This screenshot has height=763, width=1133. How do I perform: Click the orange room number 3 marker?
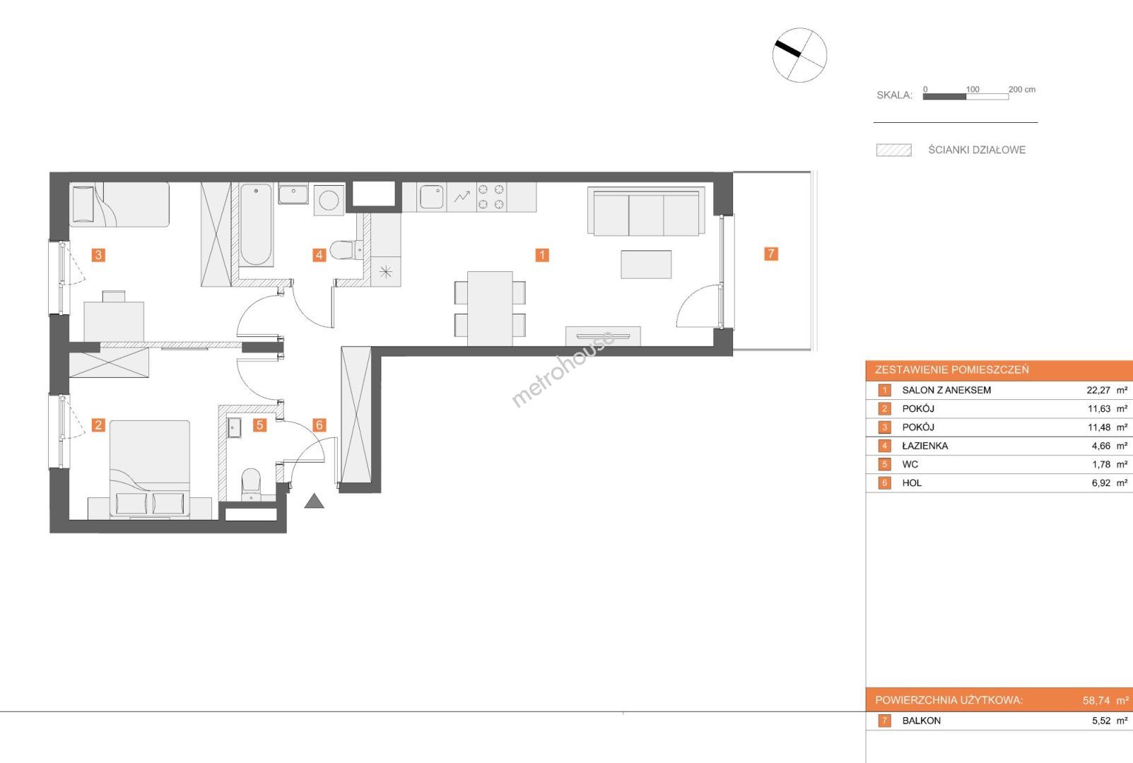tap(98, 255)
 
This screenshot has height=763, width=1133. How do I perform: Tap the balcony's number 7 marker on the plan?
tap(771, 254)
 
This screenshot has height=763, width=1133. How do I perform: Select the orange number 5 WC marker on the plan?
tap(259, 425)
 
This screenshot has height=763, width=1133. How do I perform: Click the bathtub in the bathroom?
tap(256, 225)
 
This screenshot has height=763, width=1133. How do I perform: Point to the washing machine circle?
tap(329, 200)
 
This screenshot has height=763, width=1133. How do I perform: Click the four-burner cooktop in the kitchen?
tap(491, 196)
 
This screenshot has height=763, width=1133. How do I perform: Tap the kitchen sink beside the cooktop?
tap(431, 196)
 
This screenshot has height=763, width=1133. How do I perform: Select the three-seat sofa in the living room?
tap(647, 211)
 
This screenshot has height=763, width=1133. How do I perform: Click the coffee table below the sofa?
tap(646, 264)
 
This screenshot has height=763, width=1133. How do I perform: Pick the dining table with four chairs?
tap(490, 309)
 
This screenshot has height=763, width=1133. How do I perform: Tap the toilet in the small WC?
tap(251, 484)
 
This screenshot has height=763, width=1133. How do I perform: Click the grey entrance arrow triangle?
tap(314, 501)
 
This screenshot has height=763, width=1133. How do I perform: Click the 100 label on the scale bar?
tap(973, 90)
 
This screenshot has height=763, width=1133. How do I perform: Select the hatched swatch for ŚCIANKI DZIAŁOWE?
tap(894, 150)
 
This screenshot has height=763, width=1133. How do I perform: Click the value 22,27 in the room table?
tap(1098, 391)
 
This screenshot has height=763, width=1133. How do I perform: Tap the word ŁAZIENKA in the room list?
tap(925, 446)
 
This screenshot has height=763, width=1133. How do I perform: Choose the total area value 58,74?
tap(1096, 701)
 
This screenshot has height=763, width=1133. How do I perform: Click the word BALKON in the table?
tap(922, 721)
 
